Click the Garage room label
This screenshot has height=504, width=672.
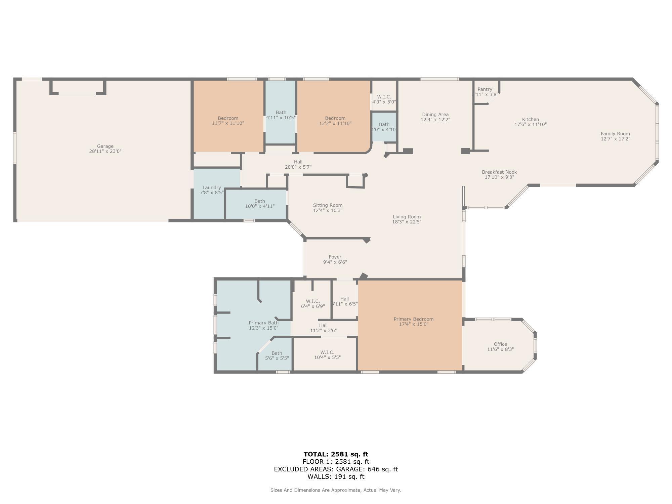(x=105, y=146)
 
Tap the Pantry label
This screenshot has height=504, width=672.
(x=485, y=89)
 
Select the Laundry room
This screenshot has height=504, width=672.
(x=212, y=190)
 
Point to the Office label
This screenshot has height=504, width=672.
(x=500, y=344)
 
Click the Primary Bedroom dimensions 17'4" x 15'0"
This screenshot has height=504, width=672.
(x=414, y=324)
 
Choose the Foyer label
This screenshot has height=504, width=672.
(x=335, y=257)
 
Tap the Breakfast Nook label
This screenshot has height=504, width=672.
(x=499, y=172)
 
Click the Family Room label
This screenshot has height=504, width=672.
(x=615, y=134)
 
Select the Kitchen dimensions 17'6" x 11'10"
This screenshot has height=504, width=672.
(x=531, y=124)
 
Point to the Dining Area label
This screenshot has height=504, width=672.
(x=435, y=115)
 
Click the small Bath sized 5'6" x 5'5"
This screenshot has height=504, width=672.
(x=277, y=355)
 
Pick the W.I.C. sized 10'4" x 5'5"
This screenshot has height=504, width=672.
(x=327, y=355)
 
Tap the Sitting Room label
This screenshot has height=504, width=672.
(x=328, y=205)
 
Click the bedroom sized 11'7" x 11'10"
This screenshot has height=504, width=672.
(x=228, y=121)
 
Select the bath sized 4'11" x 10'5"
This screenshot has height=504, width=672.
(x=281, y=115)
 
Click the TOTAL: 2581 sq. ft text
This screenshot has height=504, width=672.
(x=336, y=454)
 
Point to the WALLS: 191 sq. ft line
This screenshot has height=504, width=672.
(x=336, y=476)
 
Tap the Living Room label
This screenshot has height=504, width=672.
(x=407, y=217)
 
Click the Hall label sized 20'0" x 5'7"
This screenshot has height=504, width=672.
(x=298, y=162)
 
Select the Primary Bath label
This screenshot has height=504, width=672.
(x=263, y=323)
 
